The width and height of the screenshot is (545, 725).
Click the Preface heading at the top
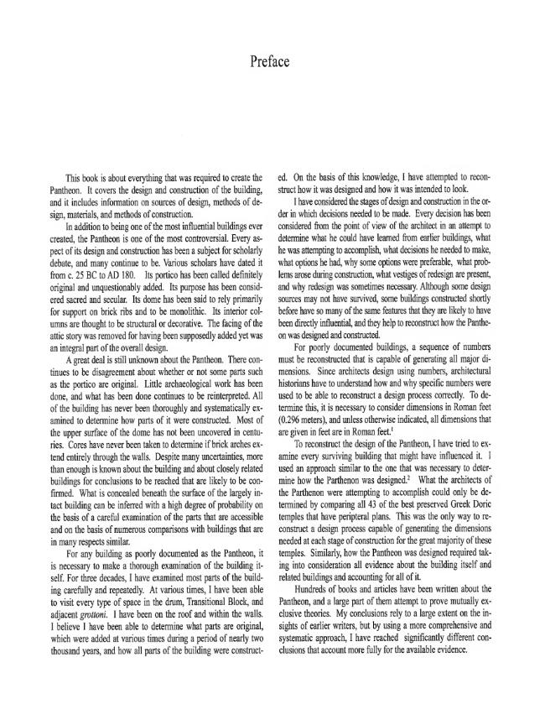(272, 61)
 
